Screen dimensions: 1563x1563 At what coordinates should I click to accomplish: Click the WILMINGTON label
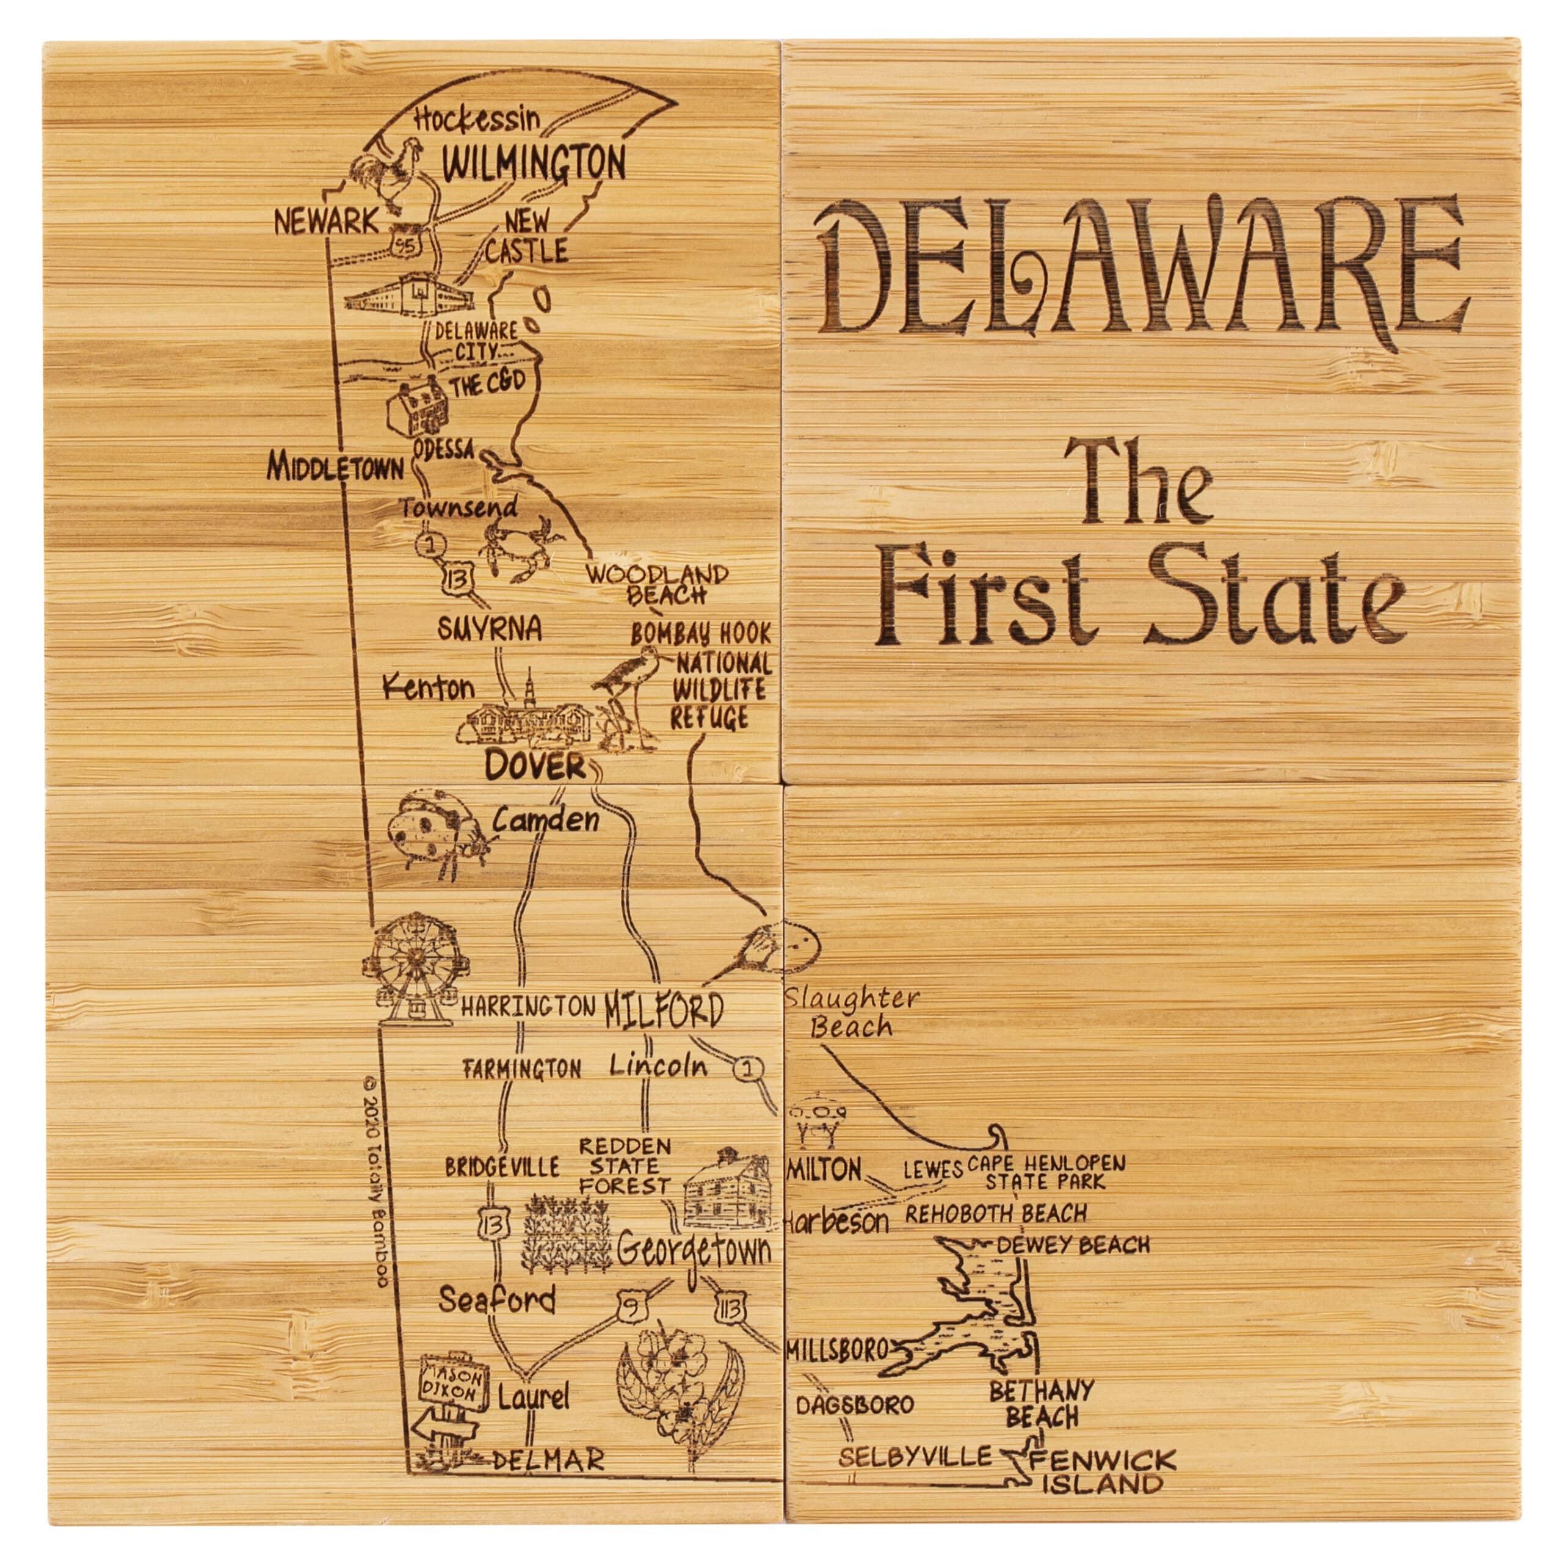(534, 164)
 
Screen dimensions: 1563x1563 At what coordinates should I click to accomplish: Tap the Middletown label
(336, 467)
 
